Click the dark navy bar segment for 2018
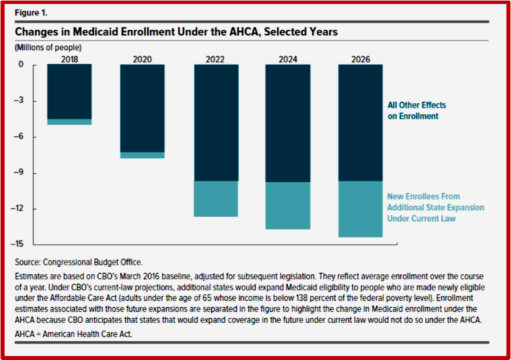pos(70,91)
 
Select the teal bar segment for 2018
pos(70,122)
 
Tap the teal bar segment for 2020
pos(142,155)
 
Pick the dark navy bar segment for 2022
pos(216,123)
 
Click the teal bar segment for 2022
pos(216,199)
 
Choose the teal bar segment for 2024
pos(288,206)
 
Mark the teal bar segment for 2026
pos(360,209)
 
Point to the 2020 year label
pos(142,59)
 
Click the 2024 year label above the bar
pos(288,59)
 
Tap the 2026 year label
pos(361,59)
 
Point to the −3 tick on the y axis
pos(19,100)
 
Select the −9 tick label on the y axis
pos(19,172)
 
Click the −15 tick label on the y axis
pos(17,244)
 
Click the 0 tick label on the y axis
pos(21,64)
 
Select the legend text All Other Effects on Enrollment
pos(416,110)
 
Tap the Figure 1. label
pos(31,13)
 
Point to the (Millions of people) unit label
pos(48,47)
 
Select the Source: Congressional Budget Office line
pos(79,262)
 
